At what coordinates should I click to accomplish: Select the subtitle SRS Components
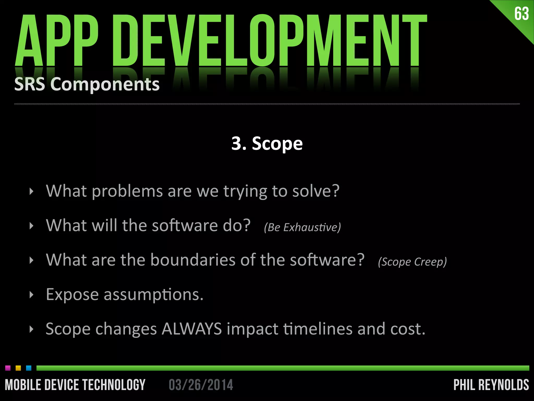point(87,84)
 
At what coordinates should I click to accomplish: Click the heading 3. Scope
point(267,144)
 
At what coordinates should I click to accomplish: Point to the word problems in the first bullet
point(127,192)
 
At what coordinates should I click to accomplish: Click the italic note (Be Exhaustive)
point(302,227)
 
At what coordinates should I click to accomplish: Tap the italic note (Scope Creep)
point(412,262)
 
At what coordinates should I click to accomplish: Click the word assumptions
point(153,295)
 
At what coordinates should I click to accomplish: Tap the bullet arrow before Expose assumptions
point(32,295)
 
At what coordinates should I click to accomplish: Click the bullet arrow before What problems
point(32,192)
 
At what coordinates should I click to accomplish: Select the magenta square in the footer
point(8,368)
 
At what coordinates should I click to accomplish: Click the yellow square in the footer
point(18,368)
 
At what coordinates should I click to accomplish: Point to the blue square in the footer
point(29,368)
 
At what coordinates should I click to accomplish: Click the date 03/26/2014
point(201,385)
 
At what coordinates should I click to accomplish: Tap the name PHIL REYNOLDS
point(491,385)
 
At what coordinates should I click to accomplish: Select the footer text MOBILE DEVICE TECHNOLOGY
point(75,385)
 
